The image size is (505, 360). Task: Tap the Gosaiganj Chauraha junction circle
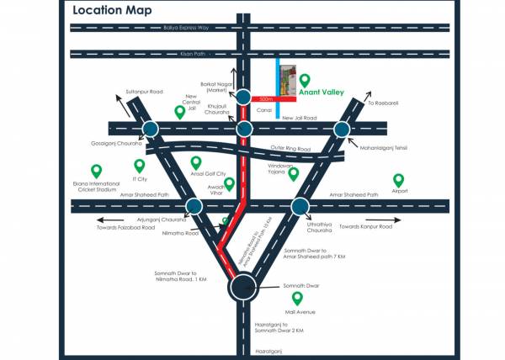pos(151,129)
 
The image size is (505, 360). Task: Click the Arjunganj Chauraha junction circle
pos(194,206)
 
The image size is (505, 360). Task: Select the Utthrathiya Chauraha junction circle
pos(299,206)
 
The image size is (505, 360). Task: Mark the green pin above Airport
pos(399,179)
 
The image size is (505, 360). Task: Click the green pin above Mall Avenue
pos(296,298)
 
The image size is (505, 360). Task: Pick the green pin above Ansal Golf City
pos(197,161)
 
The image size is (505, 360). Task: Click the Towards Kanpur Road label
pos(365,227)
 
